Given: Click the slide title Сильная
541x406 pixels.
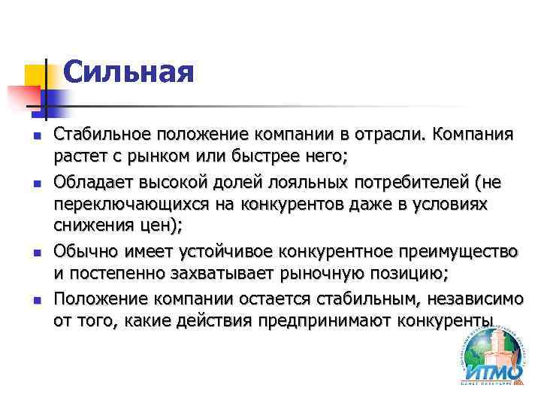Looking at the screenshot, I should click(128, 73).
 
